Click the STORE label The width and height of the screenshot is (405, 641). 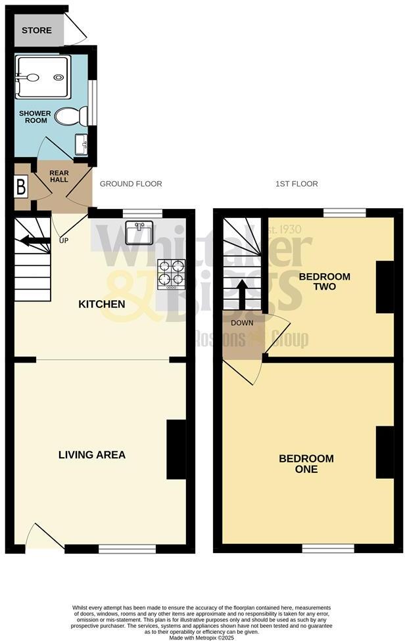(36, 30)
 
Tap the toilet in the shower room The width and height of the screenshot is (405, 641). (68, 117)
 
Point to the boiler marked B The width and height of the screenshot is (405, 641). (21, 187)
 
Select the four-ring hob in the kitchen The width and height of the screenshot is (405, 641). (170, 275)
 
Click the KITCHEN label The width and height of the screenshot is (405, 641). (102, 305)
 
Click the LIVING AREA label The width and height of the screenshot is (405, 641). (92, 454)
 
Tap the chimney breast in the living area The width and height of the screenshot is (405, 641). (176, 450)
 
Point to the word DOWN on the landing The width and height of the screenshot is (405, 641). (241, 322)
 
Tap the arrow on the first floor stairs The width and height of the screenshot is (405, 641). (241, 294)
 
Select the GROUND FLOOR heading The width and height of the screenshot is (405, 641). (131, 184)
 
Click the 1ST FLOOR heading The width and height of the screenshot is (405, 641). (297, 184)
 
